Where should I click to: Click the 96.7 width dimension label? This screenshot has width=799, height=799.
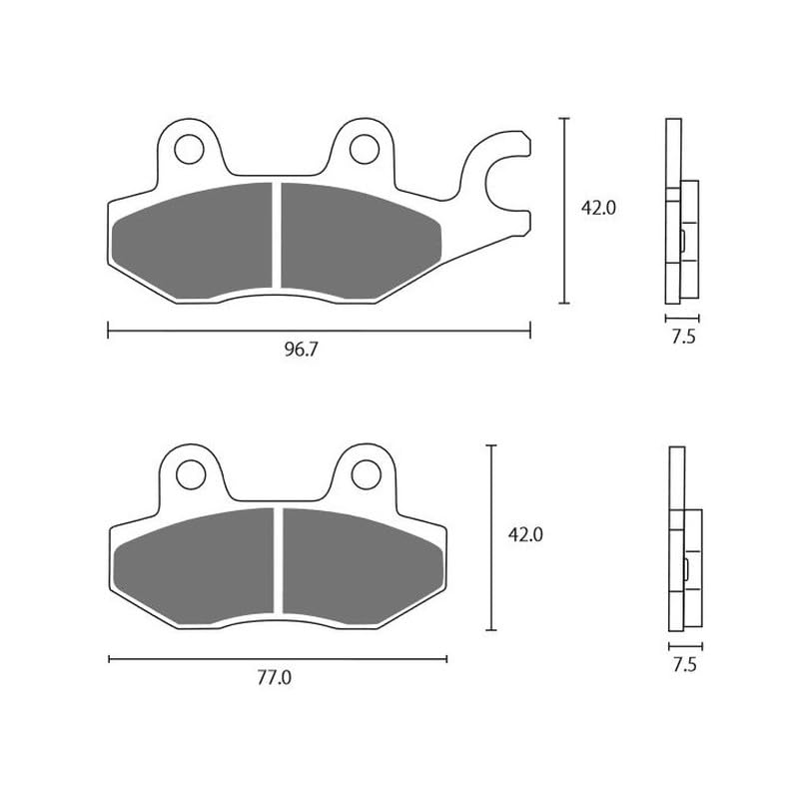[x=306, y=349]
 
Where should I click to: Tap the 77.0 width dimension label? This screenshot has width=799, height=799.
[x=274, y=677]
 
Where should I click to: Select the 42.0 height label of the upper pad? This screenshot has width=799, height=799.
[x=599, y=208]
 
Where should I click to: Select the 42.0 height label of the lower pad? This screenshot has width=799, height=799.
[x=525, y=534]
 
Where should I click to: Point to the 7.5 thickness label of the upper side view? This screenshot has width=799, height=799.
[x=683, y=337]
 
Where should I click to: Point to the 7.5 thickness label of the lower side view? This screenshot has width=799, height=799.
[x=684, y=664]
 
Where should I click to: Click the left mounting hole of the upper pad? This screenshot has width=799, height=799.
[x=187, y=149]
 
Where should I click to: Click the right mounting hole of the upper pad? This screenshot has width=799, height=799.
[x=363, y=149]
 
